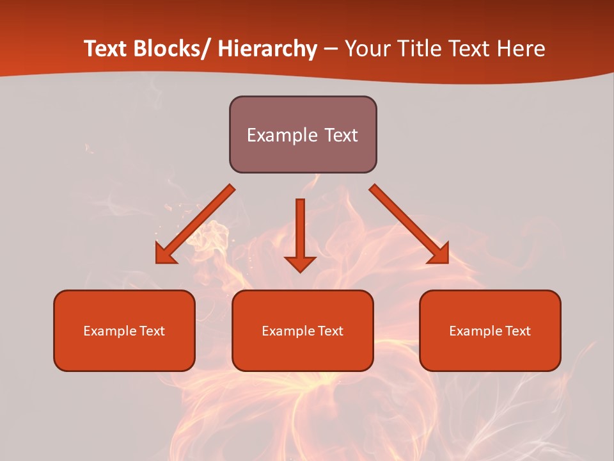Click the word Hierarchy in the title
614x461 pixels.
pos(267,49)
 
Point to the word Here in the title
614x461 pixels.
pos(521,49)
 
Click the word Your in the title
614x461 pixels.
pos(366,49)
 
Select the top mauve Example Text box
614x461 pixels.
pos(303,134)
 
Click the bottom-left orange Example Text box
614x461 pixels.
pos(124,330)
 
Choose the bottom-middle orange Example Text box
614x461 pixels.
pos(303,330)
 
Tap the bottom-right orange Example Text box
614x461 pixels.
pos(490,330)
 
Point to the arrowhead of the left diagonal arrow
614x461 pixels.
pos(165,254)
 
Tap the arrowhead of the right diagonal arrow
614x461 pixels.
pos(439,254)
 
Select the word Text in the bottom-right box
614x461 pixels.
pos(519,331)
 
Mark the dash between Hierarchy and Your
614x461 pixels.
pos(331,49)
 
